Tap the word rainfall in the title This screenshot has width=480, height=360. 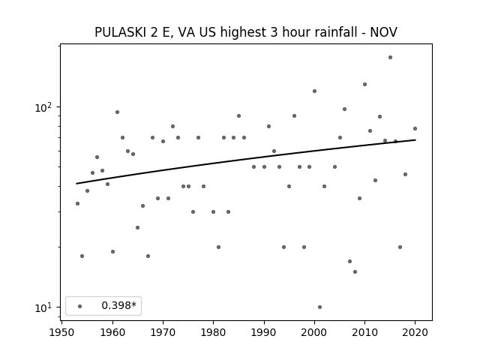tap(331, 32)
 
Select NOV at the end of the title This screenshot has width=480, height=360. tap(383, 32)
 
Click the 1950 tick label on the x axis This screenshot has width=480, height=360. tap(61, 333)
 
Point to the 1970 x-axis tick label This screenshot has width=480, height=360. tap(163, 333)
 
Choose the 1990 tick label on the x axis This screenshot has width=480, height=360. tap(264, 333)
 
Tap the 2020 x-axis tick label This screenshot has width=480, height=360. tap(415, 333)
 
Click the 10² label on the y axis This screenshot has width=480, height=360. tap(43, 108)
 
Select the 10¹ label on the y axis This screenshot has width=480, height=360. tap(43, 307)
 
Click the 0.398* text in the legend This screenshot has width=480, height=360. tap(118, 305)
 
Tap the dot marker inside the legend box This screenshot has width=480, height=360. tap(80, 306)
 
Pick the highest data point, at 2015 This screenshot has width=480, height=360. tap(390, 57)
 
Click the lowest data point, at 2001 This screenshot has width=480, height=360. tap(320, 307)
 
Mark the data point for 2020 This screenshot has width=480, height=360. tap(415, 128)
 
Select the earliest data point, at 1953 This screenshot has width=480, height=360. tap(77, 203)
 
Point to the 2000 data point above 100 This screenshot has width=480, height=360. tap(314, 91)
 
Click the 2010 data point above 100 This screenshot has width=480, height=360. tap(365, 84)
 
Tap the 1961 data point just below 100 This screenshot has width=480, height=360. tap(117, 112)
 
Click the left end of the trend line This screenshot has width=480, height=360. tap(76, 184)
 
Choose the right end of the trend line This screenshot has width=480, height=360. tap(415, 140)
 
